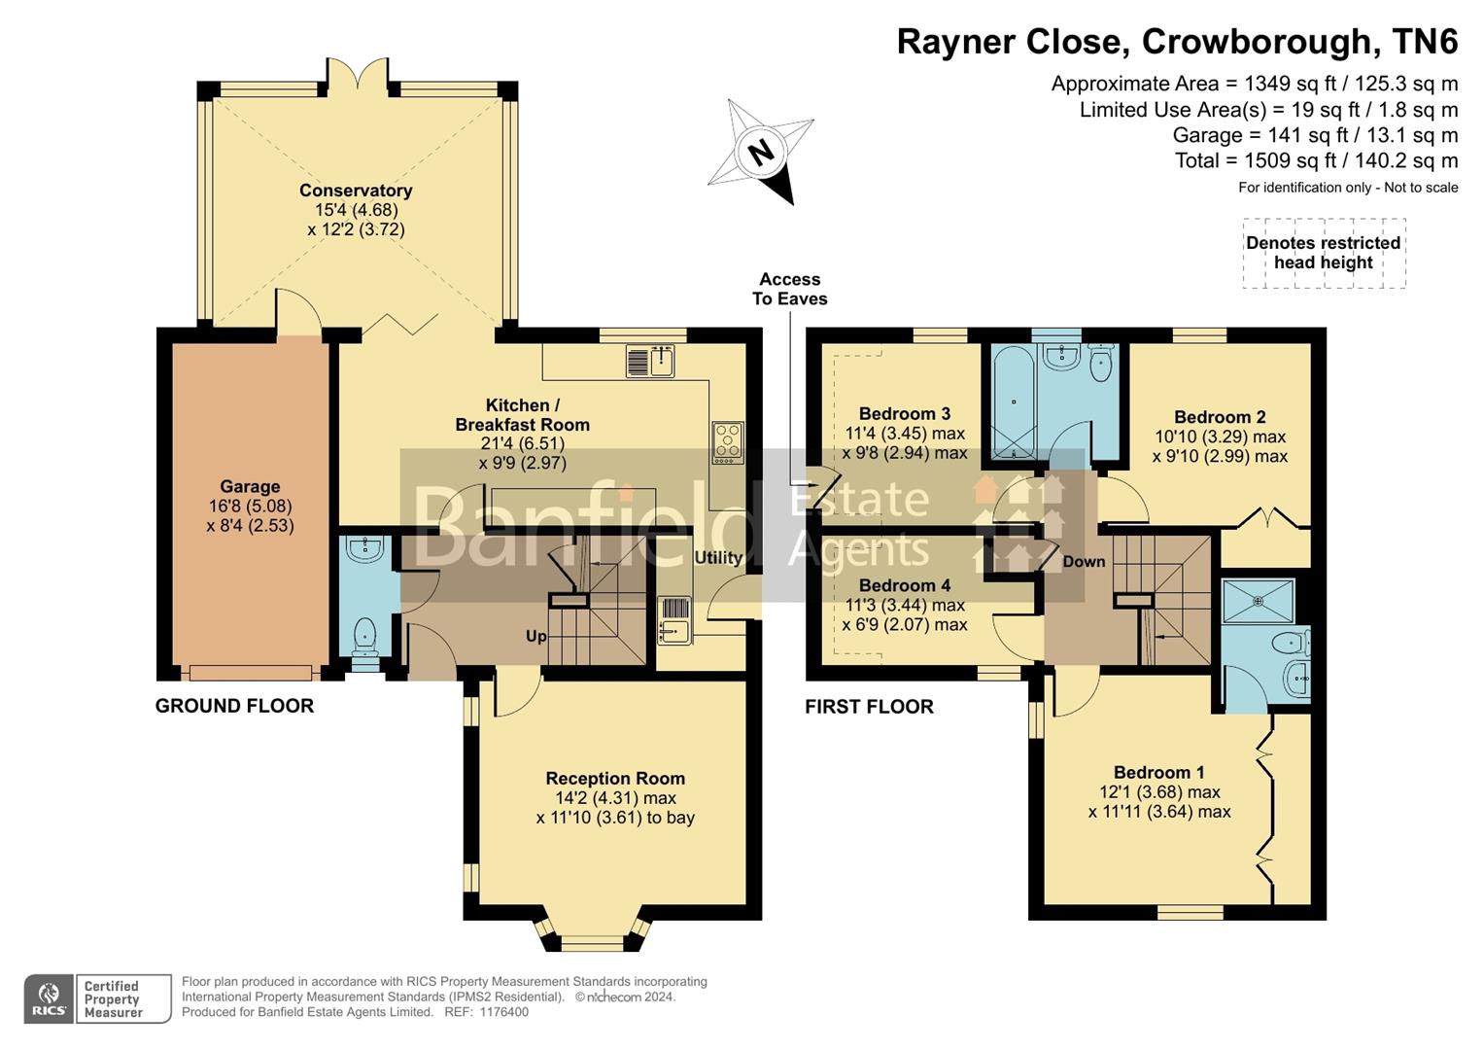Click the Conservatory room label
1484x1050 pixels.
(356, 191)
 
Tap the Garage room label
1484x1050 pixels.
(250, 487)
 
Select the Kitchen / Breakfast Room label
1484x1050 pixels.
(522, 415)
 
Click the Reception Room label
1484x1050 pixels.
(615, 779)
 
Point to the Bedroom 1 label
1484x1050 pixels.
(1158, 773)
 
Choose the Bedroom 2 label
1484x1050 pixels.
(1220, 417)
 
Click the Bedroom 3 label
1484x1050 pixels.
(904, 414)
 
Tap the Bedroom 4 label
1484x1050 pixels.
(904, 585)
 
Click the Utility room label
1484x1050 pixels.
(718, 558)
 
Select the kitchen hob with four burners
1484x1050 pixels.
(727, 442)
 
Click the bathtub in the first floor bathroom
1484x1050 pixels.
(1013, 402)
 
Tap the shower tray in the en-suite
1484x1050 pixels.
(1259, 601)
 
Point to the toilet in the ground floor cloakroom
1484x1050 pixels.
(364, 637)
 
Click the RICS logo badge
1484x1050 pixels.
(49, 999)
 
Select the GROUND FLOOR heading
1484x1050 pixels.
(234, 707)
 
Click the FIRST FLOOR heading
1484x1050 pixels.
(869, 708)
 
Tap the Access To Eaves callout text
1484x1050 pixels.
(789, 290)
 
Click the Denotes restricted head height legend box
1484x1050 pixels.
(1323, 253)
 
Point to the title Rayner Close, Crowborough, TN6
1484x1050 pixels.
(1177, 42)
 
